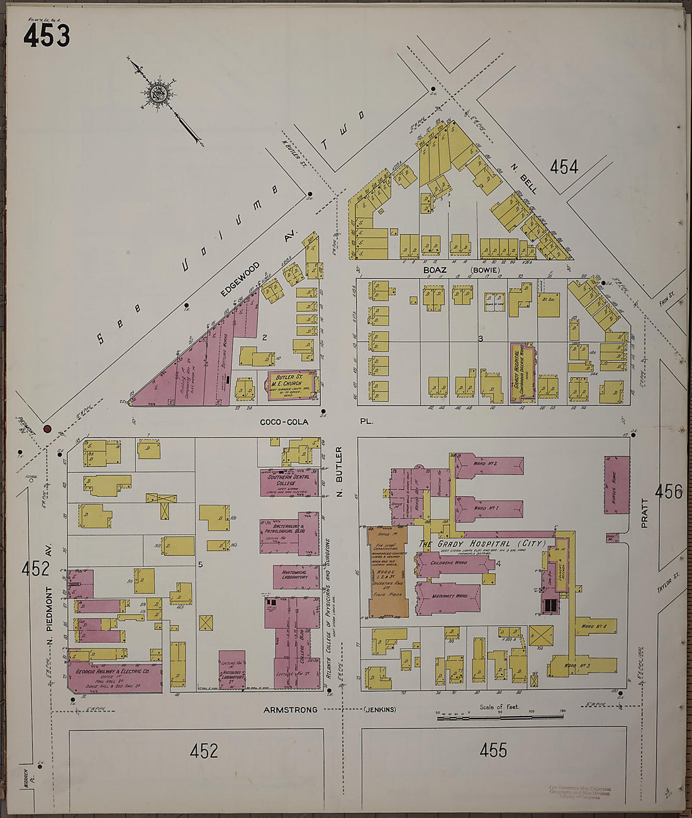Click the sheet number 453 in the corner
point(46,35)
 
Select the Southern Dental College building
point(286,482)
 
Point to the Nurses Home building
point(617,484)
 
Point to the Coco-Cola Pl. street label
point(284,421)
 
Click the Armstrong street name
point(291,710)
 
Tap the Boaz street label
point(435,270)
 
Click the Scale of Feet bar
point(500,717)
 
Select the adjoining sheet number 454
point(564,167)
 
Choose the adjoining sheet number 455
point(493,750)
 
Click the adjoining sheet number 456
point(668,492)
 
